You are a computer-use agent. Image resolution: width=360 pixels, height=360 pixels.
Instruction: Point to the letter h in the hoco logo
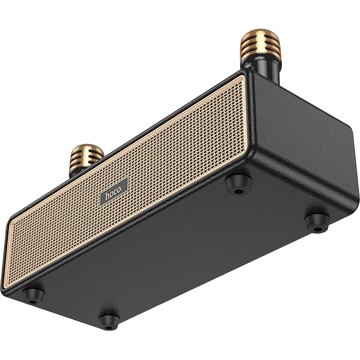108,196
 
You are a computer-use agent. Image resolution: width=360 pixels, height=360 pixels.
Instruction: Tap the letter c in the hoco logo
118,190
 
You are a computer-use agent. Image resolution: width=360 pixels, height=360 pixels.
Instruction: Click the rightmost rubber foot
316,222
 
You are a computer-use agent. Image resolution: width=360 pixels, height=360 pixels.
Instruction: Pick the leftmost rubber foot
33,295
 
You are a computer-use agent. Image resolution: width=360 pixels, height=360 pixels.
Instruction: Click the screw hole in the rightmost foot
318,229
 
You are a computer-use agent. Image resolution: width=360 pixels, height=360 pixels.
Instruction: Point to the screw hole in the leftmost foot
33,301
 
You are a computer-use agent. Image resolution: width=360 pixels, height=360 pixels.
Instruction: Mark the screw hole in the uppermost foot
239,191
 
